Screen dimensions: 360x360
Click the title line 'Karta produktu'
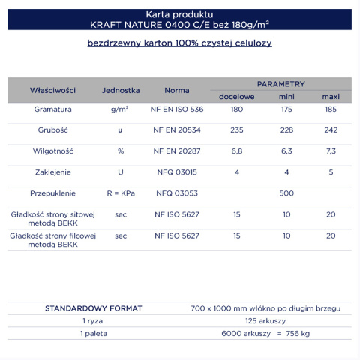pyautogui.click(x=179, y=14)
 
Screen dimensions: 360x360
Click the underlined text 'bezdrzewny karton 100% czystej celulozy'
pyautogui.click(x=179, y=43)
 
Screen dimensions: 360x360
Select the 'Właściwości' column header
pyautogui.click(x=52, y=90)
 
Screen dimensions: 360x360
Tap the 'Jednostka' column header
pyautogui.click(x=121, y=90)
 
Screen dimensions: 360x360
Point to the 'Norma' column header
pyautogui.click(x=177, y=90)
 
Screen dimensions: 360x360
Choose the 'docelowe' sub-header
pyautogui.click(x=236, y=97)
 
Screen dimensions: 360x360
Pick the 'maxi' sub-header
pyautogui.click(x=331, y=97)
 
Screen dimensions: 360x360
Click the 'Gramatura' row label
pyautogui.click(x=52, y=109)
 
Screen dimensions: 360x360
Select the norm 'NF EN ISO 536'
pyautogui.click(x=177, y=109)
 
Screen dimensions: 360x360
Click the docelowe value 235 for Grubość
pyautogui.click(x=237, y=130)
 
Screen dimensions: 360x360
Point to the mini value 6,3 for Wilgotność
pyautogui.click(x=286, y=151)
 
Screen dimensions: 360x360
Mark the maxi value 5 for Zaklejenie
pyautogui.click(x=331, y=172)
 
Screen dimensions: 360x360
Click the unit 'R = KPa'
pyautogui.click(x=121, y=193)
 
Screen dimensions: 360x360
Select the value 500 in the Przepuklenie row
pyautogui.click(x=286, y=193)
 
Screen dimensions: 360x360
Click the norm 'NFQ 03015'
pyautogui.click(x=177, y=172)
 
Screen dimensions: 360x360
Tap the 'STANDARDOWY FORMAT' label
pyautogui.click(x=94, y=308)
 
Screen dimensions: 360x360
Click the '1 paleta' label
pyautogui.click(x=94, y=332)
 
